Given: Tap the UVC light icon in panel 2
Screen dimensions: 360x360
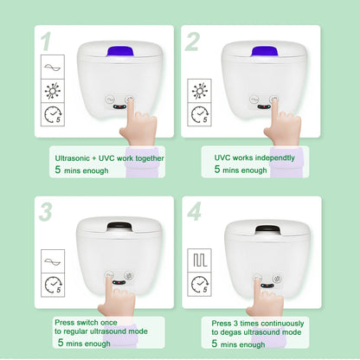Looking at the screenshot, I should [201, 92].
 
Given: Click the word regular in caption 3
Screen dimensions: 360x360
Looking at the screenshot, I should [71, 331].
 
